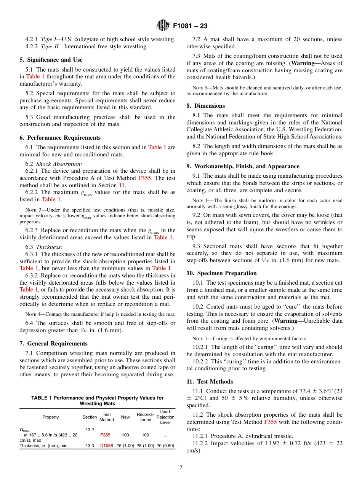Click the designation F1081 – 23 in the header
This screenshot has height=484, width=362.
(x=190, y=26)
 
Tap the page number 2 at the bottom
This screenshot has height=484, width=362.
(x=181, y=468)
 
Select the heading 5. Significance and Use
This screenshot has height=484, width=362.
(x=51, y=60)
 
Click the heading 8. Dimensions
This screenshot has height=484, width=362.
(x=206, y=106)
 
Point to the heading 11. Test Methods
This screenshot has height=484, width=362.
(x=210, y=382)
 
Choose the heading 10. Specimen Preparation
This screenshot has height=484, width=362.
(x=221, y=273)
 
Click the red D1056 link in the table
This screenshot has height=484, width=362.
(x=106, y=446)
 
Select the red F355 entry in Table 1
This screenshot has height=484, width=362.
(x=106, y=435)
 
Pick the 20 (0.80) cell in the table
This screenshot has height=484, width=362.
(x=165, y=446)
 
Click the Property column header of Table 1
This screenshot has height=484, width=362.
(x=51, y=417)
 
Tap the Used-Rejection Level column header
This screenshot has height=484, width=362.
(x=165, y=417)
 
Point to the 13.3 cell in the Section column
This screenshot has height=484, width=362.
(x=90, y=446)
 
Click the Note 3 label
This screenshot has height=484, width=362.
(x=32, y=210)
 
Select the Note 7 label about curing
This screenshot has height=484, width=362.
(x=200, y=338)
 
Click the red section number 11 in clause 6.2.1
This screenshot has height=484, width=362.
(x=122, y=185)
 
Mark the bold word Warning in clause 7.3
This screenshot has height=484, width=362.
(x=305, y=63)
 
